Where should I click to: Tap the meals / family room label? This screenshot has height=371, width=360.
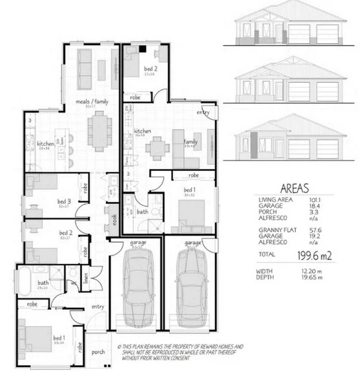(92, 102)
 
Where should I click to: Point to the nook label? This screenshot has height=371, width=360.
(114, 220)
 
